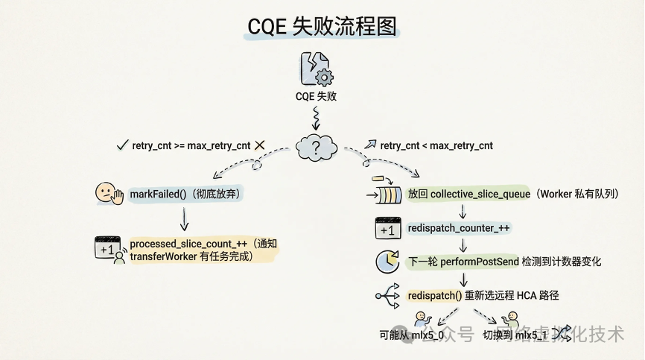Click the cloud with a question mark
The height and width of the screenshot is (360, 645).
click(317, 146)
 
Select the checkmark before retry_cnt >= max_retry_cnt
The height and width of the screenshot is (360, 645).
click(122, 145)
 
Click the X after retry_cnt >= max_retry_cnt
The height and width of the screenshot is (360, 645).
click(261, 145)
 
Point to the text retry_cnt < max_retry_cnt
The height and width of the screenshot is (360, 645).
click(436, 145)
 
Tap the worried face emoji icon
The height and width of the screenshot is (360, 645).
click(108, 194)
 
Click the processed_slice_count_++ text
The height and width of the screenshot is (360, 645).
click(189, 244)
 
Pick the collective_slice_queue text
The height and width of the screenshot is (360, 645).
click(480, 194)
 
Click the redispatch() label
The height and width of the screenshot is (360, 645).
click(434, 296)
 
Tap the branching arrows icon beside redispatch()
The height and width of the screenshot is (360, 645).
click(388, 296)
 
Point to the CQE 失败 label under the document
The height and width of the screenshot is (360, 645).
click(316, 96)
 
